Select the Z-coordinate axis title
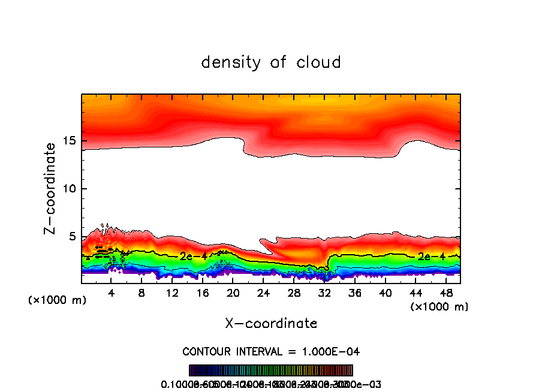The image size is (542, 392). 52,188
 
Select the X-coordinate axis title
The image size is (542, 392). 271,323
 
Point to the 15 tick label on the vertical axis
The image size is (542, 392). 67,141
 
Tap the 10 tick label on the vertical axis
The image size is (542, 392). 67,189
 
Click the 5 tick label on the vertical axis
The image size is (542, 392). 70,237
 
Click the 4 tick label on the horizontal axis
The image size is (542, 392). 111,293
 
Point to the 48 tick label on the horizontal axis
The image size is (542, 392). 446,293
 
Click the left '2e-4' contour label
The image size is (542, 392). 193,256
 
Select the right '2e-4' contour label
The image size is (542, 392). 431,256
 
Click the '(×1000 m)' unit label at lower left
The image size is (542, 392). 58,300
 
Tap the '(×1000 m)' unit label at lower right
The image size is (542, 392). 439,307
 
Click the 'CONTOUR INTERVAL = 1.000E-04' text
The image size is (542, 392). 271,351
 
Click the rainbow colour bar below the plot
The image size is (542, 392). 271,370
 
